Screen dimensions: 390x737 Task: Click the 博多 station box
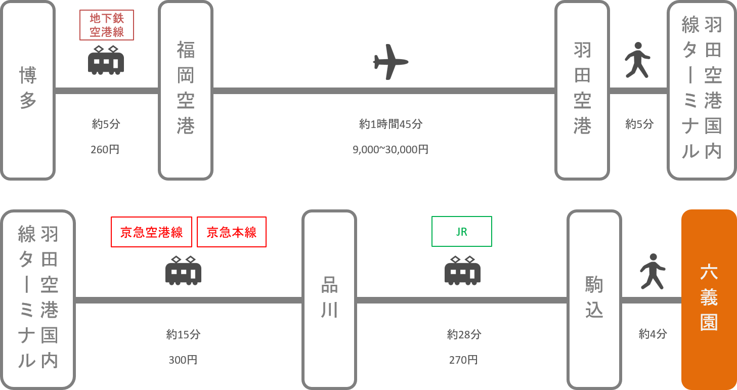point(28,91)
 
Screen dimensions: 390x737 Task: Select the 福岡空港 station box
point(186,91)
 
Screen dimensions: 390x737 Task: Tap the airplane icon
point(391,62)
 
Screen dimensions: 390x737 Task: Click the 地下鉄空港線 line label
point(106,25)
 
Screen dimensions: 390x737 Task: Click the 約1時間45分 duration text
point(391,124)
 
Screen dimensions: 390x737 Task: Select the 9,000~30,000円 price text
point(391,150)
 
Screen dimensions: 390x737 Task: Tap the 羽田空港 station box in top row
point(582,91)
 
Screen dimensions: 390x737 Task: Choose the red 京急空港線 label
point(152,232)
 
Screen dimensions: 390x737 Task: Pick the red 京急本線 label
point(232,232)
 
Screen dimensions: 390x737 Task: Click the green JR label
point(461,232)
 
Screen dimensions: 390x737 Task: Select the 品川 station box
point(329,299)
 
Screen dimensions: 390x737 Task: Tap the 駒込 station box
point(594,299)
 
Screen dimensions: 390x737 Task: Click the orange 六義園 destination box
point(709,299)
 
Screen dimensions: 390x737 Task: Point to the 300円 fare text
point(183,360)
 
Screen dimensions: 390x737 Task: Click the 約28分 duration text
point(464,334)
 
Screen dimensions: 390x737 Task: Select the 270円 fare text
point(463,360)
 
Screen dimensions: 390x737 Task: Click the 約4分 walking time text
point(653,334)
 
